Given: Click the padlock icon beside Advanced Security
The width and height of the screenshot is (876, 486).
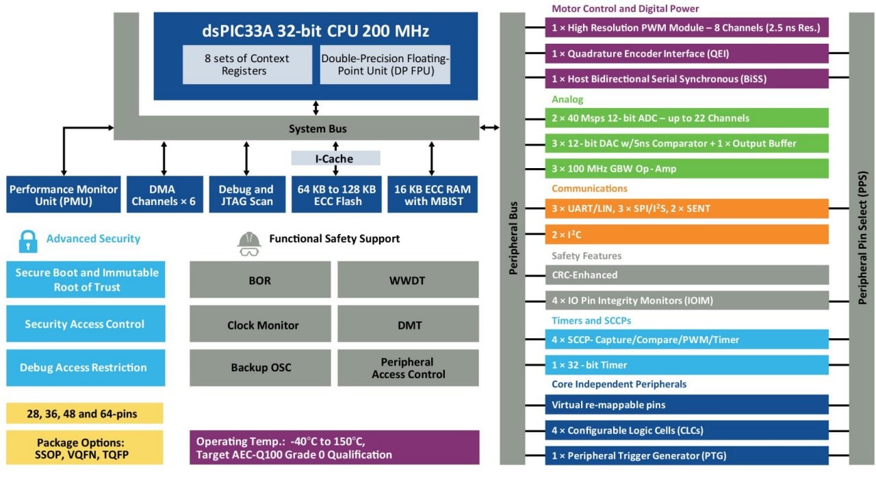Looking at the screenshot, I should tap(28, 240).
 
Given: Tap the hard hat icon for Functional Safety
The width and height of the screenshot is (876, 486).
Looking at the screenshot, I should tap(249, 243).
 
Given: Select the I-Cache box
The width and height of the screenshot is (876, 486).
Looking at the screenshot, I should tap(335, 159).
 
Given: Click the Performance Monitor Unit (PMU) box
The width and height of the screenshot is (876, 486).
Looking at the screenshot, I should tap(64, 195).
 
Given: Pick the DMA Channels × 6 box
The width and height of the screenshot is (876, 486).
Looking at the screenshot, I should tap(164, 195).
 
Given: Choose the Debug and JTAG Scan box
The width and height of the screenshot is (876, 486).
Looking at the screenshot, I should tap(246, 195).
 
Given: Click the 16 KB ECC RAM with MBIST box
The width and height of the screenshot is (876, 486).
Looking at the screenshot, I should tap(432, 195).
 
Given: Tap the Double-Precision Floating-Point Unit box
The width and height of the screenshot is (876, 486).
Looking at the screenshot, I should tap(385, 65).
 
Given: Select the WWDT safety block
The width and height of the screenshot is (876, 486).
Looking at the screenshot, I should tap(408, 280).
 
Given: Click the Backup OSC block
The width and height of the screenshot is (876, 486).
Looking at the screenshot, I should tap(261, 368).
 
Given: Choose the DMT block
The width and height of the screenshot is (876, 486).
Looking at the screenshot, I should tap(408, 324).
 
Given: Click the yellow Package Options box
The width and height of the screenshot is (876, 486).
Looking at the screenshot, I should tap(85, 448).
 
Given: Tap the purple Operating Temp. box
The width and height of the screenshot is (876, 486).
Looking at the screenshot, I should tap(334, 448).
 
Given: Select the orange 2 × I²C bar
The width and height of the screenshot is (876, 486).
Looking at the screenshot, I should tap(686, 234).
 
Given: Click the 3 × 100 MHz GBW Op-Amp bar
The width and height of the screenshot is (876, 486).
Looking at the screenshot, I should tap(686, 169).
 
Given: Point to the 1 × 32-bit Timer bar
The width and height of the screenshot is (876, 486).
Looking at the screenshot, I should tap(686, 365).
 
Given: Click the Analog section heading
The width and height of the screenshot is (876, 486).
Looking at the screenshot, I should tap(567, 100).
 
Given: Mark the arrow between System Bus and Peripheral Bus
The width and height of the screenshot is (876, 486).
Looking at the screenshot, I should tap(489, 128).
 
